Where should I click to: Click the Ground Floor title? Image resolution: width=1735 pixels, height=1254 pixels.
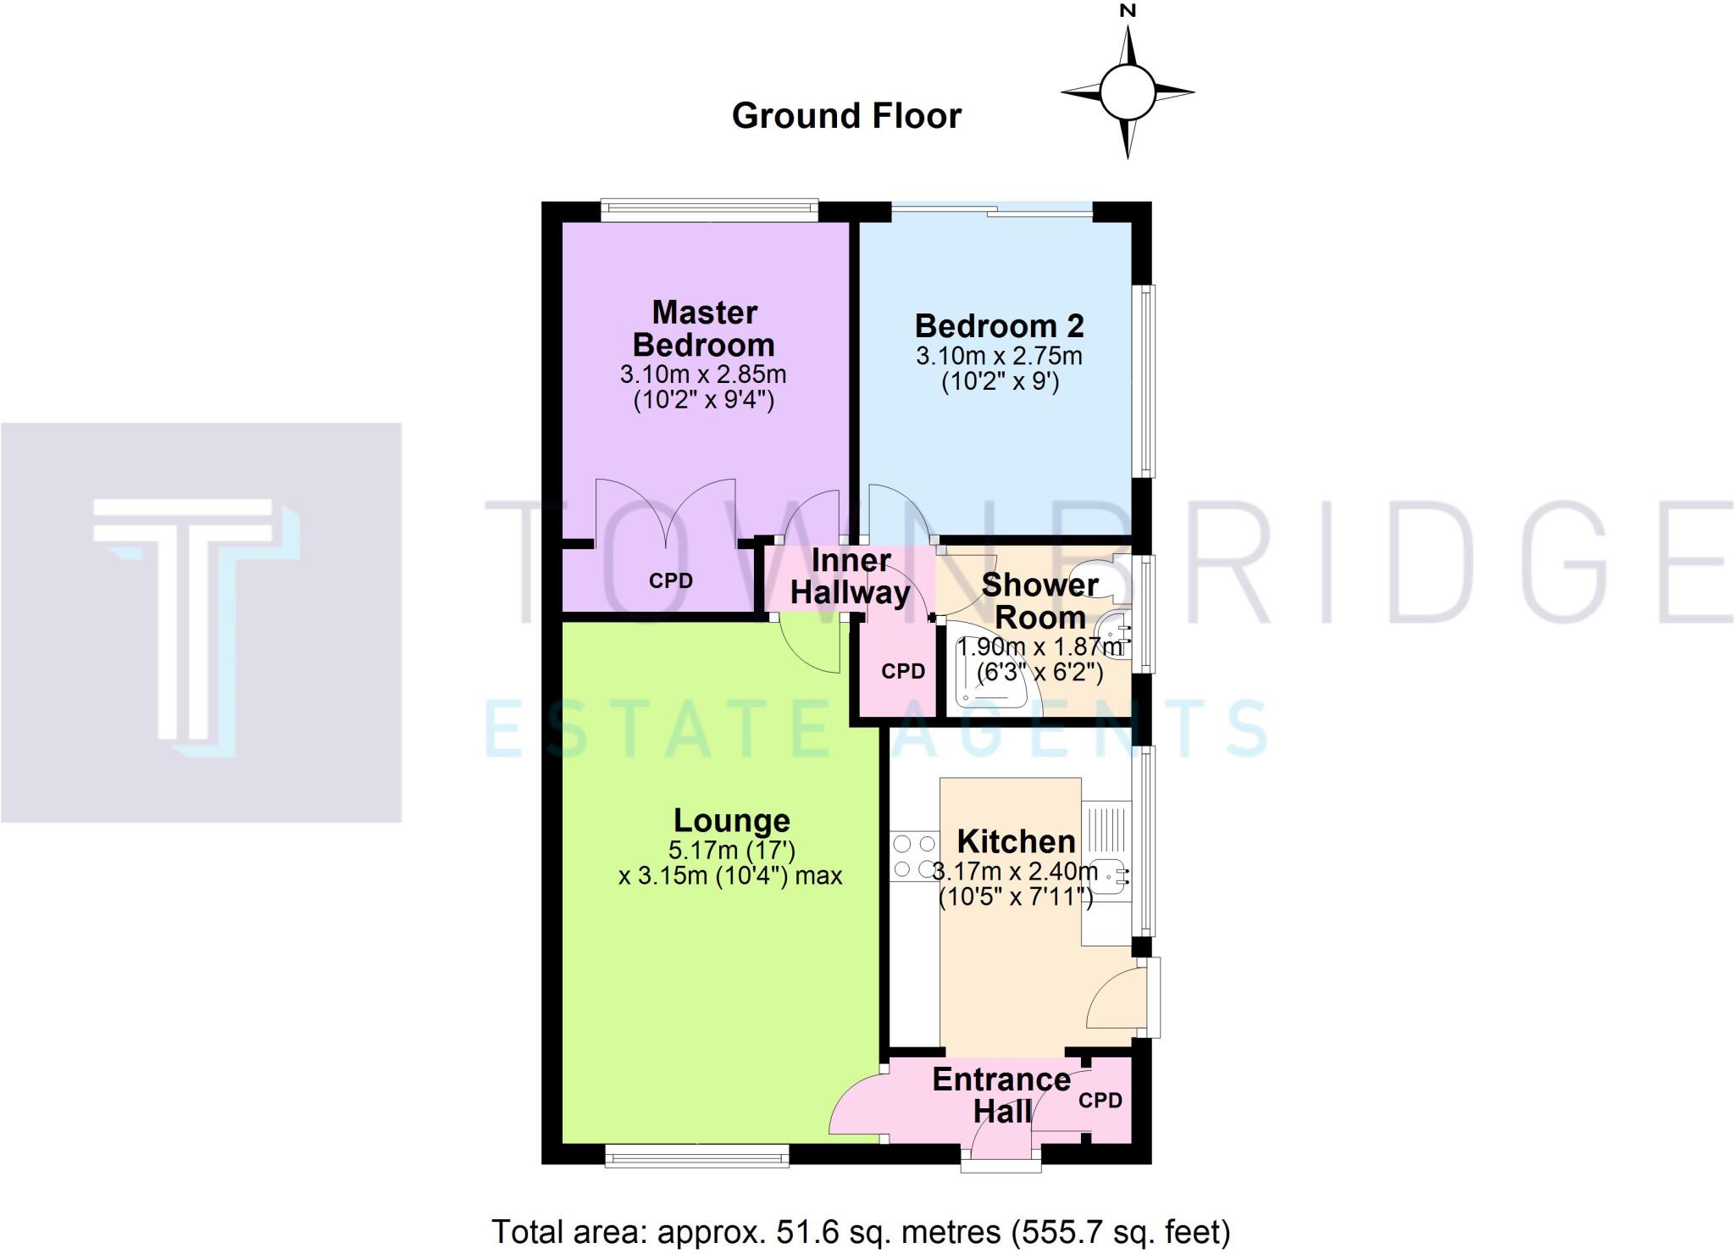point(846,116)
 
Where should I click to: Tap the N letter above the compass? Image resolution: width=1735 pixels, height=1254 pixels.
point(1127,11)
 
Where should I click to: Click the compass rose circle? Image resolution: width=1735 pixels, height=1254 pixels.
point(1127,92)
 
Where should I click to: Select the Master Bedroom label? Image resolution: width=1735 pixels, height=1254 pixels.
point(704,329)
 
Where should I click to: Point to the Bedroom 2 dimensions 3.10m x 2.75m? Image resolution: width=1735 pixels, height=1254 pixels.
point(999,356)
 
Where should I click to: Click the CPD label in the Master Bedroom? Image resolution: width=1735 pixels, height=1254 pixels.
point(670,581)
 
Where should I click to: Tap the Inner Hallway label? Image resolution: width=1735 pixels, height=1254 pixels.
point(850,576)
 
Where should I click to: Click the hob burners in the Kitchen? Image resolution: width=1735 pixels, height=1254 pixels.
point(914,857)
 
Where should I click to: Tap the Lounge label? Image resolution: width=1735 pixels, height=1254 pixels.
point(732,820)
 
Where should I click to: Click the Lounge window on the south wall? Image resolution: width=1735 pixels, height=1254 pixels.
point(696,1156)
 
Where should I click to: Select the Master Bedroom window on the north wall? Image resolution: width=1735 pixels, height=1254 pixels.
point(709,209)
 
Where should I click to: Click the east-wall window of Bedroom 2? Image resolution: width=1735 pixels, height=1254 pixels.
point(1145,381)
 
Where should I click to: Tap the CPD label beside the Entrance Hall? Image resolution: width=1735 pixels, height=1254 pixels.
point(1100,1101)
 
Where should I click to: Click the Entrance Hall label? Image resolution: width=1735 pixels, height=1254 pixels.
point(1001,1096)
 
